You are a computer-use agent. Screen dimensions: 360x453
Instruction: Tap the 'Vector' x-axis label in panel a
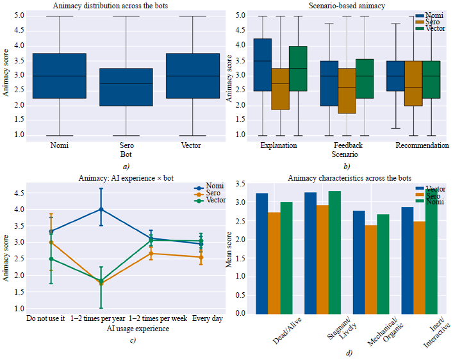click(192, 145)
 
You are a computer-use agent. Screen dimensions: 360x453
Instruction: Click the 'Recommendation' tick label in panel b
click(422, 145)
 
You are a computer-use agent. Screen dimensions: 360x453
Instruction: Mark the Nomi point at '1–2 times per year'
click(101, 209)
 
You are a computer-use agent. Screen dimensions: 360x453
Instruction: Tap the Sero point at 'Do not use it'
click(51, 242)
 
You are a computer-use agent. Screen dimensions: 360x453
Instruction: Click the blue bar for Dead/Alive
click(261, 253)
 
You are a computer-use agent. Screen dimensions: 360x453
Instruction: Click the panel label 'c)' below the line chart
click(131, 340)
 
